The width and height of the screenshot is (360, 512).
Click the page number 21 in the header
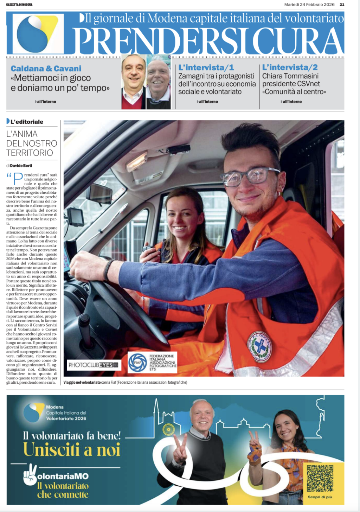(342, 5)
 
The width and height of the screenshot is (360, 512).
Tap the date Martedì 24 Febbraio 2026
(309, 5)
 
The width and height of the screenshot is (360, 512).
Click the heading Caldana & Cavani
(46, 69)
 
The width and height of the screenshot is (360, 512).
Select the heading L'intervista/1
(206, 68)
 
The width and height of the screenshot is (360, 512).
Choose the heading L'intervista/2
(290, 68)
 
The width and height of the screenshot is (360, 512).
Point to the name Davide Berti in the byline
(21, 166)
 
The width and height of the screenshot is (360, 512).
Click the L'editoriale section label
(27, 122)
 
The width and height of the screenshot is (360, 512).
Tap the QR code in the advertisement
(320, 478)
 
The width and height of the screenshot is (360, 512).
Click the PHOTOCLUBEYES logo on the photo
(94, 365)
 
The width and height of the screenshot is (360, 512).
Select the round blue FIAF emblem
(137, 363)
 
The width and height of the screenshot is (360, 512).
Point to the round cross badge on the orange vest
(259, 347)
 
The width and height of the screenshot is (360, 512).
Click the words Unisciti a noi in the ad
(72, 450)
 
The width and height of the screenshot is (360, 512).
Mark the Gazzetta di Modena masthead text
(19, 5)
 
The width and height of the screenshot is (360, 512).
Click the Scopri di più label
(320, 497)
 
